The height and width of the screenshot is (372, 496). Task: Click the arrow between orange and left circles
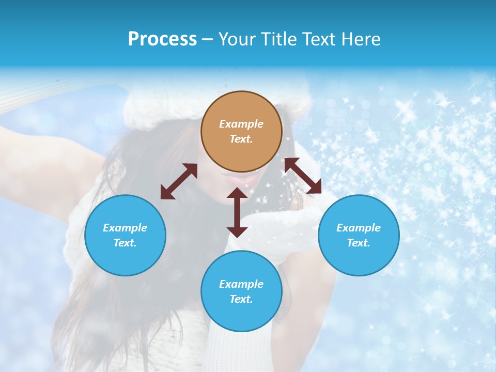(x=179, y=181)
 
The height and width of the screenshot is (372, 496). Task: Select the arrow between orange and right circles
(x=303, y=176)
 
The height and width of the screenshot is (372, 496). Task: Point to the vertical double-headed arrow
(x=237, y=212)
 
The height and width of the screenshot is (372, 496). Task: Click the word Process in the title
(x=162, y=39)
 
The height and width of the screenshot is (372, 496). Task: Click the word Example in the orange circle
(x=241, y=124)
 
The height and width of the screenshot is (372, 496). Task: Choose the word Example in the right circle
(x=359, y=228)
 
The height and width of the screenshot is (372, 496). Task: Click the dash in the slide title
(x=208, y=39)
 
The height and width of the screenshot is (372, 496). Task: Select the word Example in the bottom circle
(x=241, y=284)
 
